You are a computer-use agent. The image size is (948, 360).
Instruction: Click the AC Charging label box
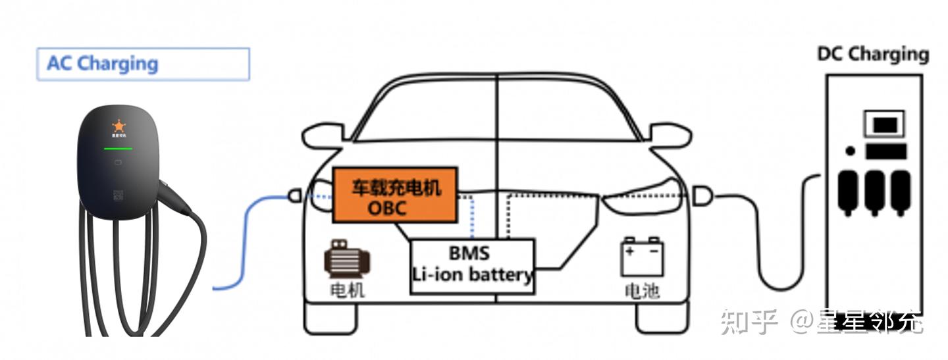pyautogui.click(x=143, y=64)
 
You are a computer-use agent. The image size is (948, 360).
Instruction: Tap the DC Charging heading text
pyautogui.click(x=872, y=54)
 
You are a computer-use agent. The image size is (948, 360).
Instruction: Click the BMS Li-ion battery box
pyautogui.click(x=472, y=265)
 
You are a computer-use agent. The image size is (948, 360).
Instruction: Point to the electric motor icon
pyautogui.click(x=346, y=259)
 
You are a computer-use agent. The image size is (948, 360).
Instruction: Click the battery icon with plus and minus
pyautogui.click(x=642, y=257)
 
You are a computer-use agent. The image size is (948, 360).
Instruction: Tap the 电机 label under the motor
pyautogui.click(x=347, y=290)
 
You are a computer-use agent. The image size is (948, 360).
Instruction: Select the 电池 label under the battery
pyautogui.click(x=641, y=290)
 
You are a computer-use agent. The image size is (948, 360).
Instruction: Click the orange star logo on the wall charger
pyautogui.click(x=118, y=125)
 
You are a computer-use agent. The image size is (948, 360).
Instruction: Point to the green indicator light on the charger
pyautogui.click(x=118, y=148)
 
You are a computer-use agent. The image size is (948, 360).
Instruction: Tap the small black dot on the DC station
pyautogui.click(x=850, y=151)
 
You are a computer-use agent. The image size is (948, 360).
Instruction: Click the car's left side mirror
pyautogui.click(x=323, y=136)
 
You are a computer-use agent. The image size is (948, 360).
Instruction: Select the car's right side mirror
pyautogui.click(x=671, y=136)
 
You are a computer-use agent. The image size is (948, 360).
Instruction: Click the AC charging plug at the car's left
pyautogui.click(x=295, y=195)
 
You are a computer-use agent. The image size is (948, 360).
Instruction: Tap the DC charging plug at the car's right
pyautogui.click(x=702, y=195)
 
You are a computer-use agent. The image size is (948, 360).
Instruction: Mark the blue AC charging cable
pyautogui.click(x=247, y=244)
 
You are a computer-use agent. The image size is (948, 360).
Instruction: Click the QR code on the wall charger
pyautogui.click(x=118, y=195)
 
